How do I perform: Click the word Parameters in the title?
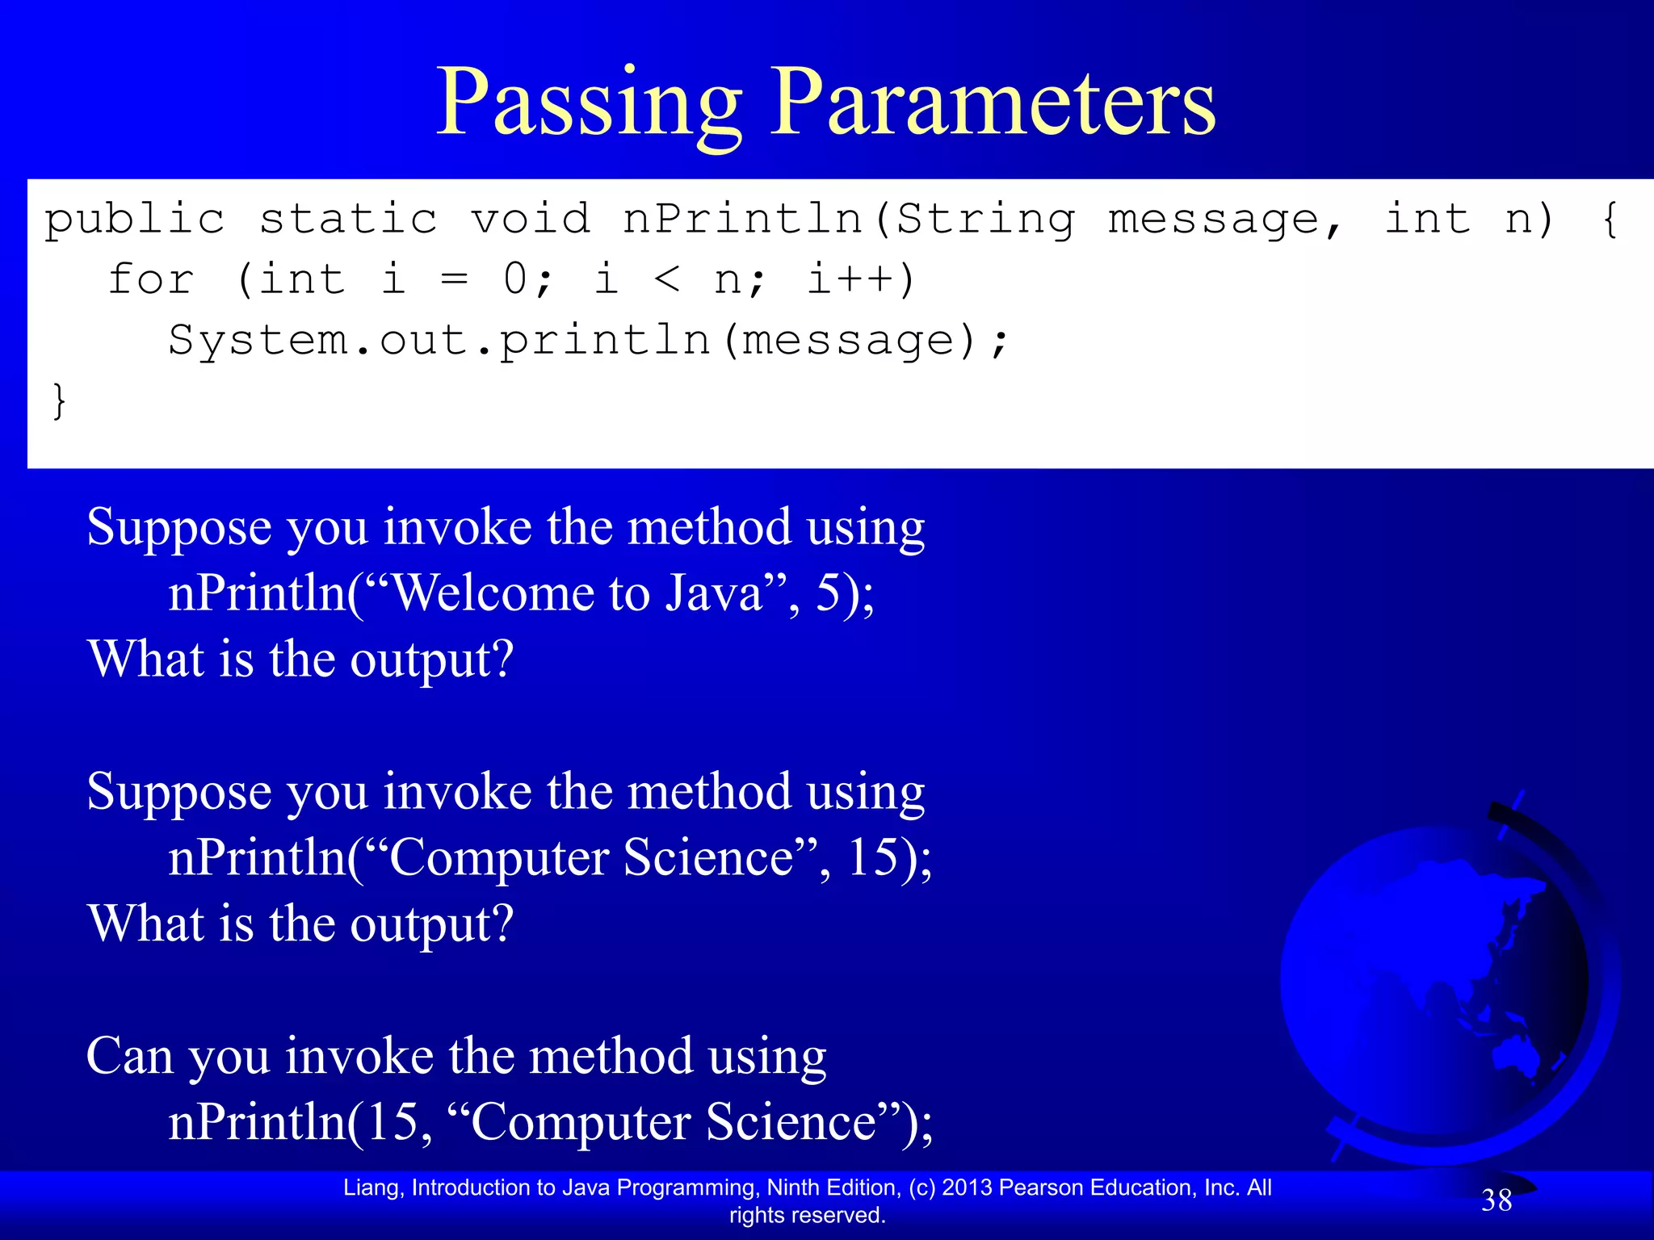pyautogui.click(x=993, y=103)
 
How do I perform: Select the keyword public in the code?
pyautogui.click(x=135, y=220)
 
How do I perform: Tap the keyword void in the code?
pyautogui.click(x=531, y=219)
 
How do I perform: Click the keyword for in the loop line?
pyautogui.click(x=151, y=280)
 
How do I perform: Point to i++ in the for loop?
pyautogui.click(x=861, y=280)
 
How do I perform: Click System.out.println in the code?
pyautogui.click(x=439, y=341)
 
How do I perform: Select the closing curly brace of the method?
pyautogui.click(x=59, y=401)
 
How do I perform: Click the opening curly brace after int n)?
pyautogui.click(x=1610, y=220)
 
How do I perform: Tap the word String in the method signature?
pyautogui.click(x=986, y=220)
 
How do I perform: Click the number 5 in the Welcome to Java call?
pyautogui.click(x=830, y=593)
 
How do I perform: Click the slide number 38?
pyautogui.click(x=1497, y=1201)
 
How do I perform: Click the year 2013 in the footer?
pyautogui.click(x=967, y=1188)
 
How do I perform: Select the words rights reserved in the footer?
pyautogui.click(x=807, y=1215)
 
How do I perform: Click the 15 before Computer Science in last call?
pyautogui.click(x=392, y=1122)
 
